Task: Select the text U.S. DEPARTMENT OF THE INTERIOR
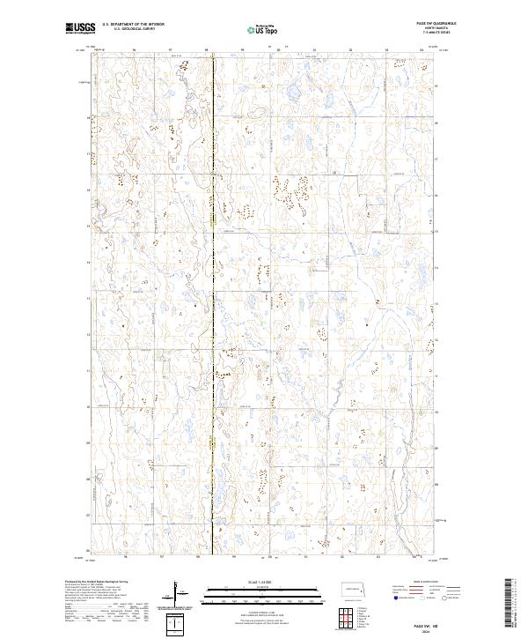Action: point(132,26)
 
